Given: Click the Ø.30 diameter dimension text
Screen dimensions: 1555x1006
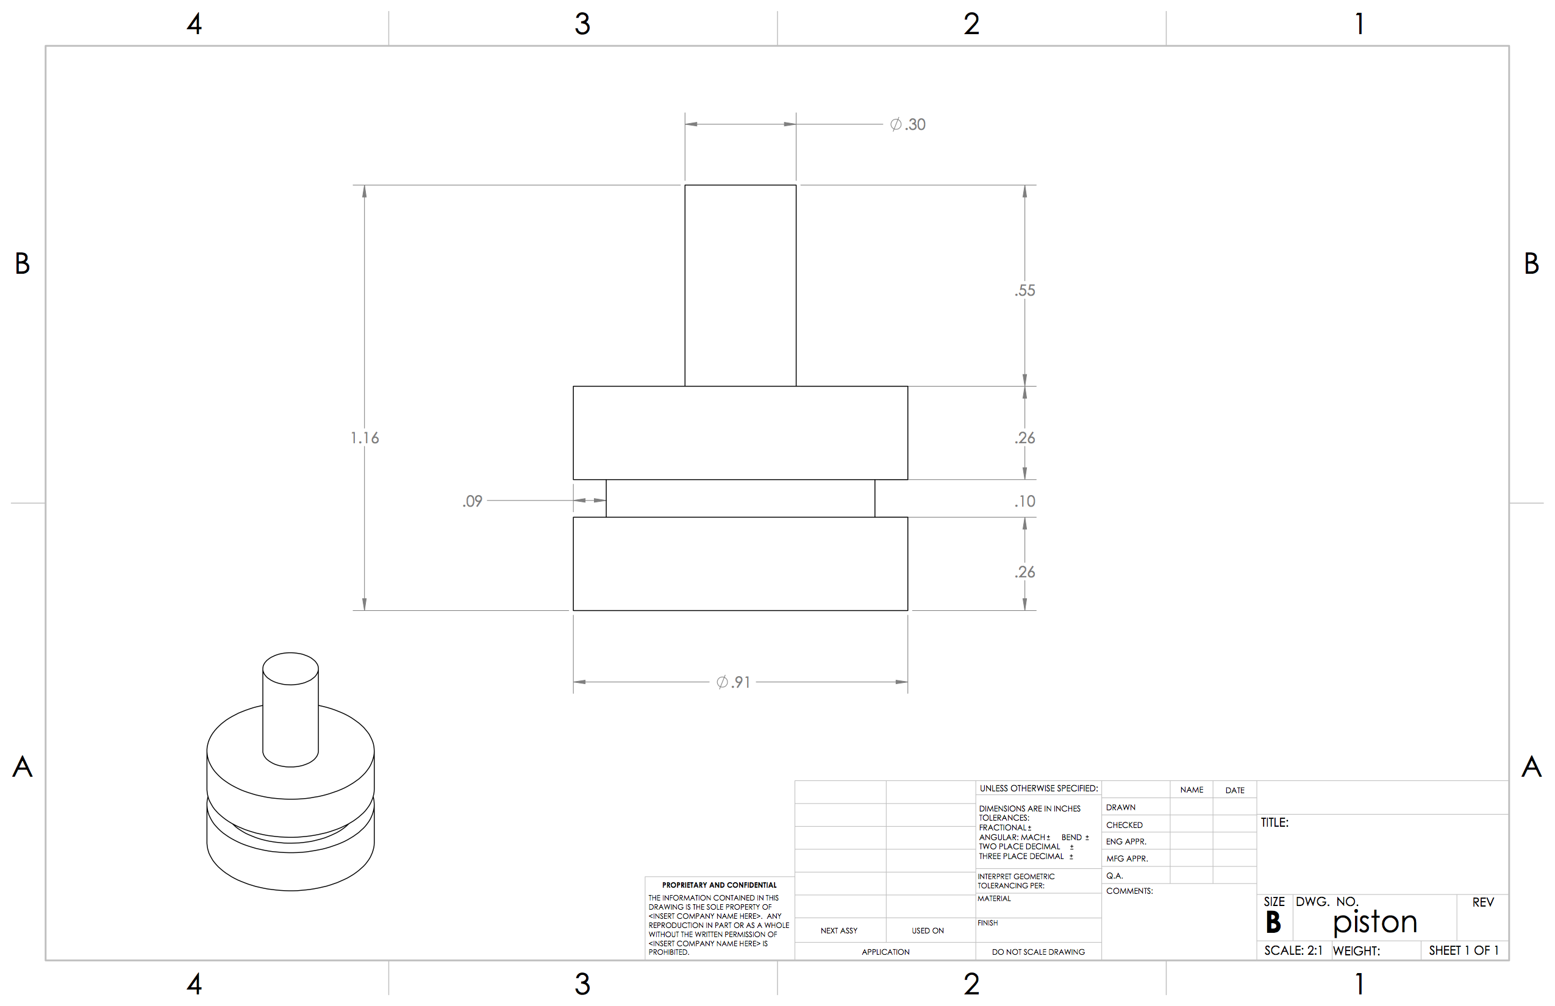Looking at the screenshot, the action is (x=907, y=124).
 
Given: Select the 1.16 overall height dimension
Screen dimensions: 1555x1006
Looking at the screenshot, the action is (x=365, y=438).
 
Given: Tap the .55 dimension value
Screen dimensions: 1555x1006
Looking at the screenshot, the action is (x=1024, y=290).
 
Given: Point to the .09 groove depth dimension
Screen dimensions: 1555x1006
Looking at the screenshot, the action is (x=473, y=501).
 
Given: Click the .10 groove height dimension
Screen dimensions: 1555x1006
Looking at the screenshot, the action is (x=1024, y=501).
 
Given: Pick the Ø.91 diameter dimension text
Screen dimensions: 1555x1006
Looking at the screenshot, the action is (x=733, y=682).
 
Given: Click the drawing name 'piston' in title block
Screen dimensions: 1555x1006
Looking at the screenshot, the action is (x=1374, y=922).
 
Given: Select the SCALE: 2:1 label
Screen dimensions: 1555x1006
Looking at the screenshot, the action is (x=1293, y=951).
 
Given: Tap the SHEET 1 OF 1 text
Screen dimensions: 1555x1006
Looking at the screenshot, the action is (x=1464, y=951).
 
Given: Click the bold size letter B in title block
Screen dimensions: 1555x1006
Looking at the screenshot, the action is (x=1273, y=922).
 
